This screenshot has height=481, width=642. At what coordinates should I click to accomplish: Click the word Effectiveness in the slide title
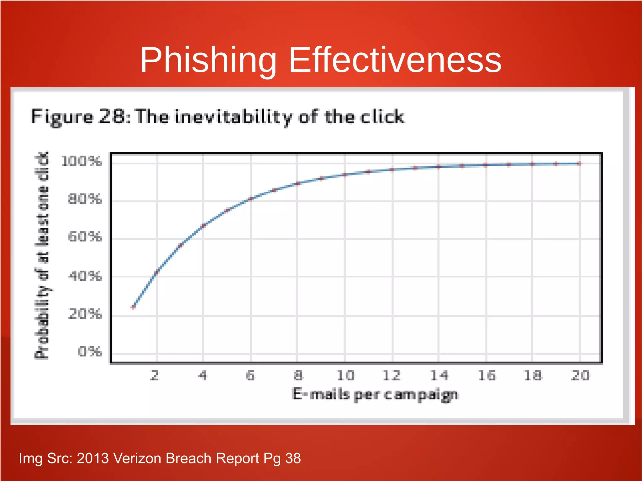pos(395,60)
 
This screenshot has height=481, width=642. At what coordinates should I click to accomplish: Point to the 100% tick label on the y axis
pos(82,161)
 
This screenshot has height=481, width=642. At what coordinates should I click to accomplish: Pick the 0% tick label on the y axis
pos(90,352)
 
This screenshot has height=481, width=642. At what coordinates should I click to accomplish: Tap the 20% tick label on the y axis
pos(85,314)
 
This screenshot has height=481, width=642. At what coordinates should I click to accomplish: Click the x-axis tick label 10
pos(345,375)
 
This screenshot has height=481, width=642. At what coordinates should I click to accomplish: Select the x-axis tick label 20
pos(580,375)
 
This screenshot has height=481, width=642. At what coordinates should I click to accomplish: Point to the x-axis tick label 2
pos(155,375)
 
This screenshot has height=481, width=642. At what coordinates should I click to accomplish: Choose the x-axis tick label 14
pos(439,375)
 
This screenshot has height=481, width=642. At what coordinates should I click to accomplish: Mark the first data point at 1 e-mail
pos(134,307)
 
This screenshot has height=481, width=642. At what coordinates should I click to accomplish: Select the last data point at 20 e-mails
pos(580,163)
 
